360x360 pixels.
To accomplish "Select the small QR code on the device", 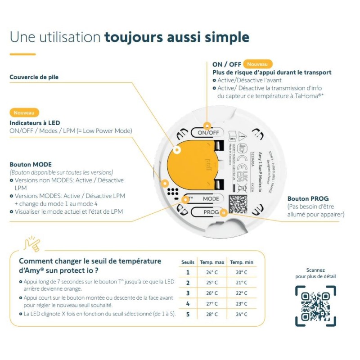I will tap(238, 204).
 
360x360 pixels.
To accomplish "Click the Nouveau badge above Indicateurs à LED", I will tap(24, 112).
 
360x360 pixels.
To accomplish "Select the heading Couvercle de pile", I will tap(34, 77).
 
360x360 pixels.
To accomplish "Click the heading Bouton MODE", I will tap(31, 164).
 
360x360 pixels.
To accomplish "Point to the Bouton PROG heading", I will tap(308, 198).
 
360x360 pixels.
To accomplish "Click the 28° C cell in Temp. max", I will tap(211, 314).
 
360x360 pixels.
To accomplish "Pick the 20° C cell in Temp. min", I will tap(241, 272).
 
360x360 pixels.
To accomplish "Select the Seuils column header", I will tap(188, 262).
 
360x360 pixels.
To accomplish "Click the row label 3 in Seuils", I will tap(188, 293).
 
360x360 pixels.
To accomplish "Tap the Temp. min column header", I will tap(241, 262).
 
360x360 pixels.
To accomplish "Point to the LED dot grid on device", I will tap(172, 191).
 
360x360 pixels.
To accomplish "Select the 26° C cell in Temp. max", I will tap(211, 293).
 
